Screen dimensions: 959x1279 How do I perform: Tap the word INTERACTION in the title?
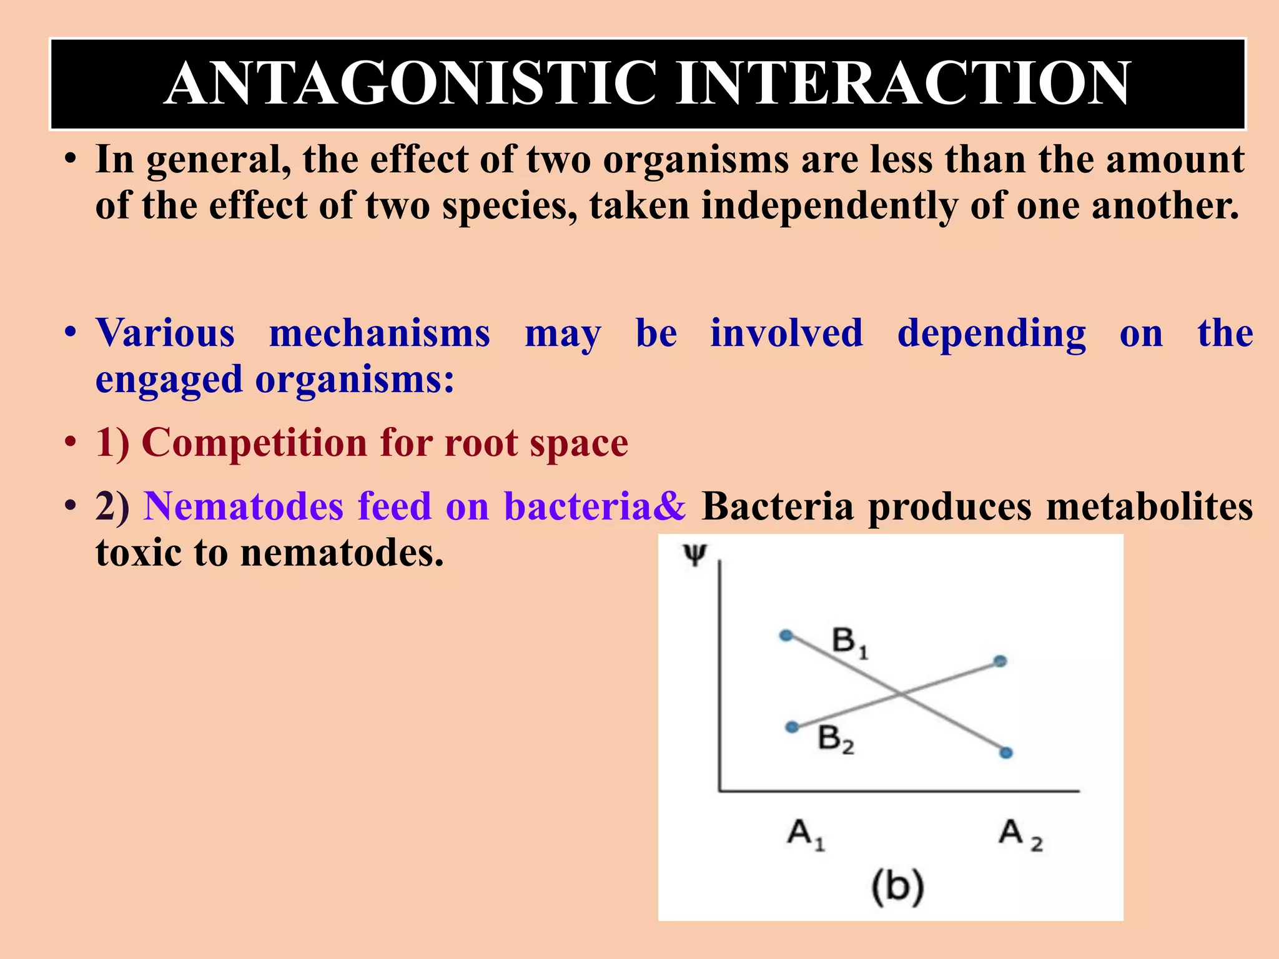pyautogui.click(x=903, y=84)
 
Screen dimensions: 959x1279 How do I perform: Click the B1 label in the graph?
pyautogui.click(x=849, y=643)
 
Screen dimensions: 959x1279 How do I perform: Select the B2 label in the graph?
pyautogui.click(x=836, y=740)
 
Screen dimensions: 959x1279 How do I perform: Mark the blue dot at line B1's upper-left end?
pyautogui.click(x=786, y=636)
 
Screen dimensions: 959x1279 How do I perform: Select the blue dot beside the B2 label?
pyautogui.click(x=792, y=727)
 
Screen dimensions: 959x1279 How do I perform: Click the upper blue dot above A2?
pyautogui.click(x=1000, y=661)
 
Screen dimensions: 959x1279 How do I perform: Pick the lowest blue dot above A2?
pyautogui.click(x=1005, y=753)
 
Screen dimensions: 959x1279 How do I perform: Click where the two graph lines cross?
pyautogui.click(x=899, y=694)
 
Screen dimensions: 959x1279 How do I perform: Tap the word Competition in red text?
pyautogui.click(x=254, y=443)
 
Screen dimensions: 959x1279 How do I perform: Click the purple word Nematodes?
pyautogui.click(x=244, y=506)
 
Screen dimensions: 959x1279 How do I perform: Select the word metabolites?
pyautogui.click(x=1149, y=506)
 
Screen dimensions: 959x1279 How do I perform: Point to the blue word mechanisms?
pyautogui.click(x=380, y=333)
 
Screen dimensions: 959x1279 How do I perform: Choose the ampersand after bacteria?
pyautogui.click(x=670, y=506)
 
